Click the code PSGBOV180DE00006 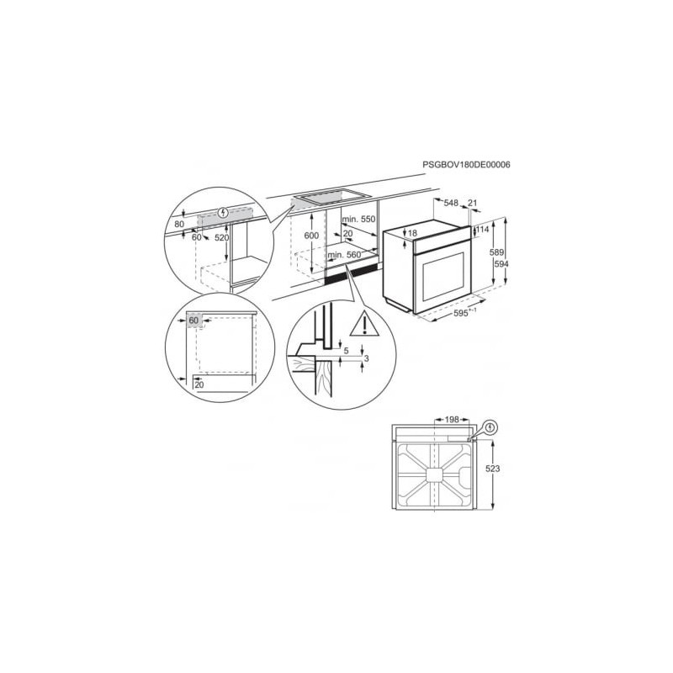467,164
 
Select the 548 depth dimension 451,203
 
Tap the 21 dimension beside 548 472,203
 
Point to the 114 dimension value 482,230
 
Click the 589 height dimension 496,252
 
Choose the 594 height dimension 501,264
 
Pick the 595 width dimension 460,313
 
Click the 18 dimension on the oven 412,233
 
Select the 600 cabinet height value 311,236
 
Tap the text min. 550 358,220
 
